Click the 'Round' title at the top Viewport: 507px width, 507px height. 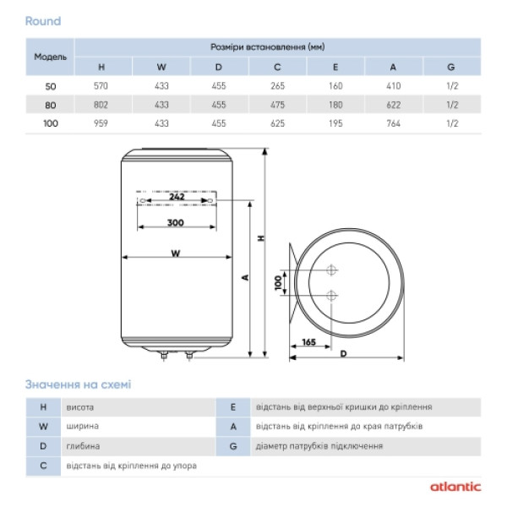[43, 20]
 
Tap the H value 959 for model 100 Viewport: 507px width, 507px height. [101, 123]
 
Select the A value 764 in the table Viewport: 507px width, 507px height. [393, 123]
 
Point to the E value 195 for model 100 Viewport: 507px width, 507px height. [335, 123]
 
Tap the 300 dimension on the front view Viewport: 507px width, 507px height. [175, 222]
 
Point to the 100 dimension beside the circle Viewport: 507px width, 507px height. [277, 282]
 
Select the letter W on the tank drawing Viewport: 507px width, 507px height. [174, 252]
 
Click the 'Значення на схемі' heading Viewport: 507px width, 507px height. [78, 384]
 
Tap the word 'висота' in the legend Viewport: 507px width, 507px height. [81, 406]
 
